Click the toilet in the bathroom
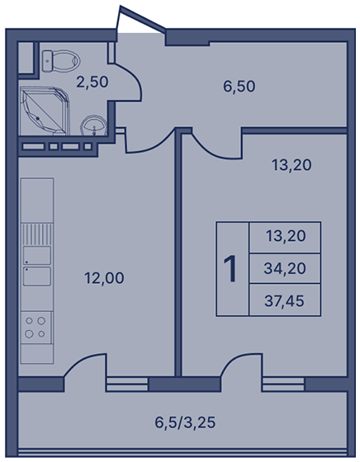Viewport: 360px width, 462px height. click(x=61, y=61)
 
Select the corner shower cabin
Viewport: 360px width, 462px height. click(x=45, y=111)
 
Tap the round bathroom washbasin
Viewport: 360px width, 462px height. click(x=94, y=125)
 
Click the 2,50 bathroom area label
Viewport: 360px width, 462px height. click(x=92, y=82)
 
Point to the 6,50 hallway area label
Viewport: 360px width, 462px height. click(x=239, y=87)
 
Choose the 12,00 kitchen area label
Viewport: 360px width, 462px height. click(x=104, y=278)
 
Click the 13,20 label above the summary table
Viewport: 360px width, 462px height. click(x=291, y=165)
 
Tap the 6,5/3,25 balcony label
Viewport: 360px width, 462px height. click(x=185, y=422)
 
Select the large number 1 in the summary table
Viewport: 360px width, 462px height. click(x=230, y=269)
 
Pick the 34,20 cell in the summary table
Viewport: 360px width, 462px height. click(x=285, y=268)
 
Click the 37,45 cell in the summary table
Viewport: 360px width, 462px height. click(x=285, y=300)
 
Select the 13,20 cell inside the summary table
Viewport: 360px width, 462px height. click(x=285, y=237)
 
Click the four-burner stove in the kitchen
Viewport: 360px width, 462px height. click(x=36, y=328)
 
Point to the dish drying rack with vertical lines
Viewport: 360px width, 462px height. click(x=37, y=234)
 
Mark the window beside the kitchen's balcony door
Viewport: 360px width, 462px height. click(x=127, y=384)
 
